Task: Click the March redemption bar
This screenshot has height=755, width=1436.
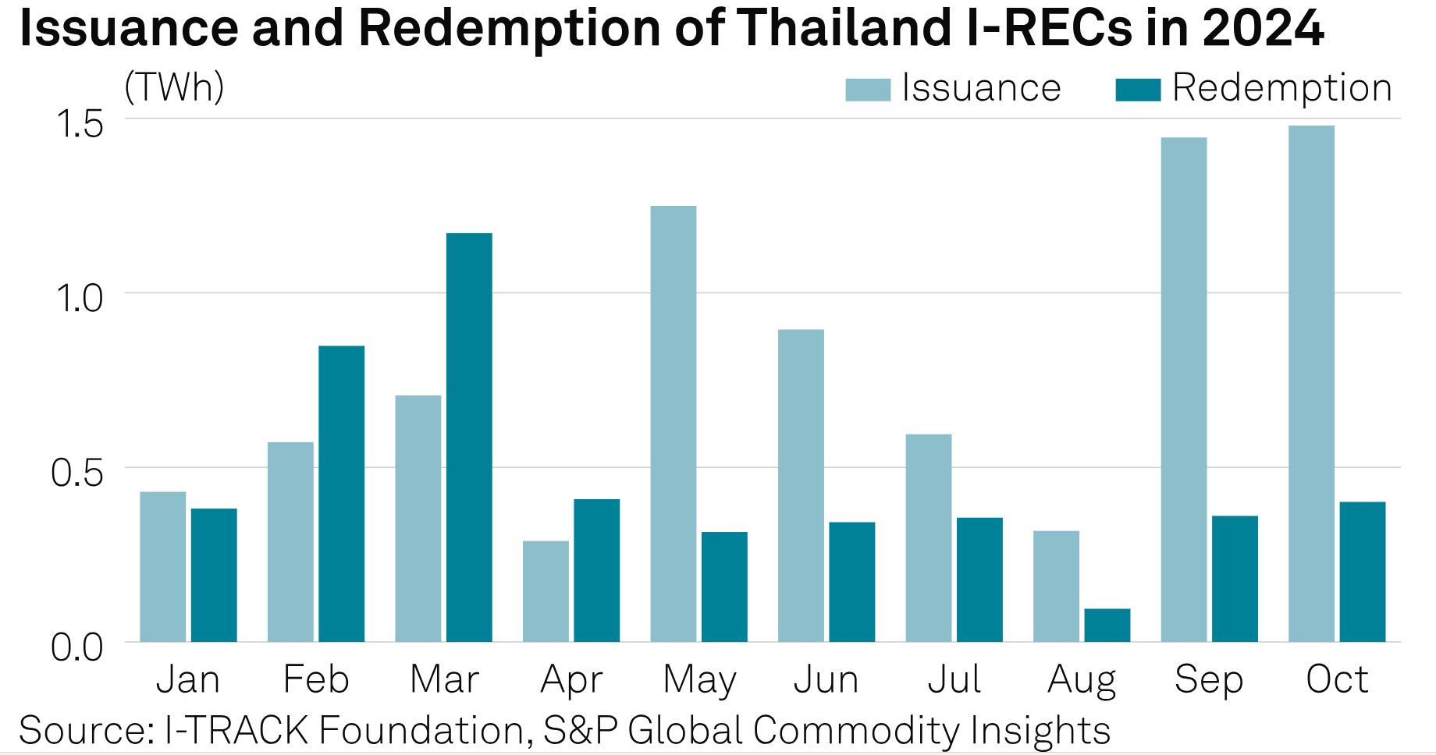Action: click(469, 437)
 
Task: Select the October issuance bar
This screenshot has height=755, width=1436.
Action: click(1311, 383)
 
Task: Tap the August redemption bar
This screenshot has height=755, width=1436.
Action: click(1107, 625)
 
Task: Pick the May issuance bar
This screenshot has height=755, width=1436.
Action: click(673, 424)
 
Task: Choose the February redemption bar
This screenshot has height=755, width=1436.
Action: click(341, 493)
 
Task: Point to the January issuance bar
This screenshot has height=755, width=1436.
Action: click(162, 566)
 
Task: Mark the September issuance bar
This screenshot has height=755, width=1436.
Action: click(1183, 389)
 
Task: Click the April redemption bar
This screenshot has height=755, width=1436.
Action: click(596, 570)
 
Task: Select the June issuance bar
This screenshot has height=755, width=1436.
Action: click(801, 485)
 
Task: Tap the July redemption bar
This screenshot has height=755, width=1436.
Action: click(979, 580)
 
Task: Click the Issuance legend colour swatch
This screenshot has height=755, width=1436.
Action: click(868, 89)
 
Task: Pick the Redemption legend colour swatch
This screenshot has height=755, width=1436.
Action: click(1138, 89)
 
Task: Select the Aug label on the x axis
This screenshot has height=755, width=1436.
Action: click(1081, 680)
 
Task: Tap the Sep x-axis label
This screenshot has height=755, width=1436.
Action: click(1208, 680)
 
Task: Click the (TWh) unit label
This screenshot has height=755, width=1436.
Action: click(174, 87)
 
